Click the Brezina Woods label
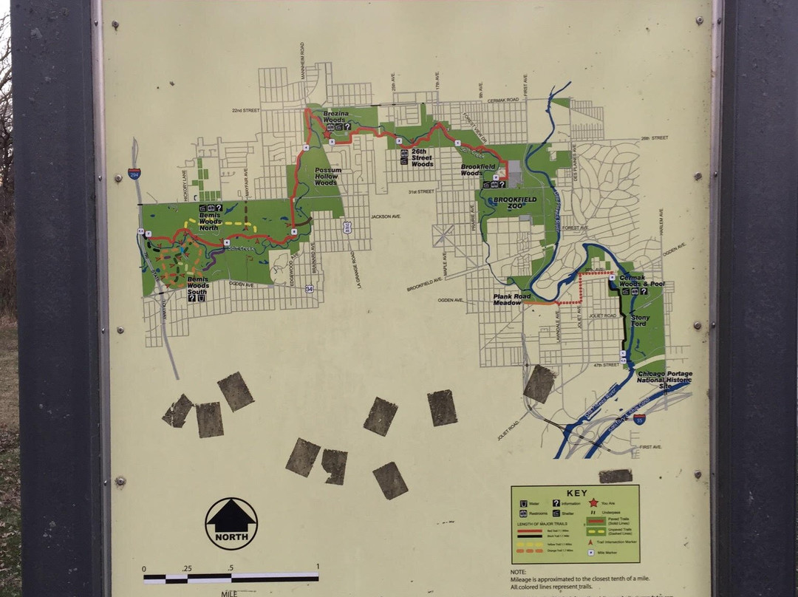click(334, 116)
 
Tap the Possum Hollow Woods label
click(326, 175)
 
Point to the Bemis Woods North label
click(210, 221)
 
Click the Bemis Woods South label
click(197, 285)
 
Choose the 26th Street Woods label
click(422, 160)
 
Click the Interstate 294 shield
click(134, 174)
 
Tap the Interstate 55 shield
click(639, 419)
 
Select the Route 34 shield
click(310, 289)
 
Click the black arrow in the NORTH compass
click(231, 517)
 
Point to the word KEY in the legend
click(576, 494)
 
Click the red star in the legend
click(593, 502)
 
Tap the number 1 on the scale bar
click(318, 567)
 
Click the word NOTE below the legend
click(518, 571)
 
